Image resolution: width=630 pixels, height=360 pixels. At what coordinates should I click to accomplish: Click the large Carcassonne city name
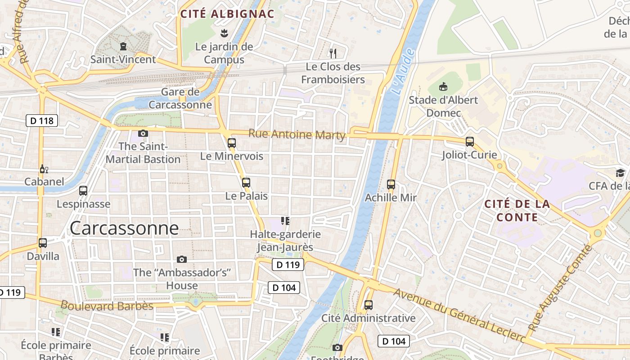[x=124, y=228]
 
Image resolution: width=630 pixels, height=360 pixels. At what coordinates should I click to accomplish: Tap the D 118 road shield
[x=42, y=121]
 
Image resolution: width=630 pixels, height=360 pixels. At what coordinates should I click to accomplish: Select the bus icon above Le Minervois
[x=232, y=143]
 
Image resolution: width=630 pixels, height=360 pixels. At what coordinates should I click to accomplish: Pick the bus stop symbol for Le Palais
[x=246, y=183]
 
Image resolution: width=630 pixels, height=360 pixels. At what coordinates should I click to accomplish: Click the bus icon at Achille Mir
[x=391, y=184]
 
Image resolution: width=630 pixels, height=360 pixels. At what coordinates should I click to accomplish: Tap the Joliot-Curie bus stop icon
[x=470, y=142]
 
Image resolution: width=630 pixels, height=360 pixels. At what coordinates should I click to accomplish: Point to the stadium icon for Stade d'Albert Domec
[x=443, y=86]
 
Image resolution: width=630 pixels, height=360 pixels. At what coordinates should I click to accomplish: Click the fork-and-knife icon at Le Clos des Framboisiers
[x=333, y=54]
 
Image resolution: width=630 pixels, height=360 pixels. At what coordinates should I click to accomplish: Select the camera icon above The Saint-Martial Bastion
[x=143, y=133]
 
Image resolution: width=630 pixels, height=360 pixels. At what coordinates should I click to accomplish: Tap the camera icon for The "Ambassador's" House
[x=182, y=259]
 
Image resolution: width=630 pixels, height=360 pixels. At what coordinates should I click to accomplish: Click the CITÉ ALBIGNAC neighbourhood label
[x=227, y=14]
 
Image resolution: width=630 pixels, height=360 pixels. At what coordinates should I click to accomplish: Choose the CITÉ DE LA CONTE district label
[x=517, y=211]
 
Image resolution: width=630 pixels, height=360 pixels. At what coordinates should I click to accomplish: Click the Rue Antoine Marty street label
[x=297, y=134]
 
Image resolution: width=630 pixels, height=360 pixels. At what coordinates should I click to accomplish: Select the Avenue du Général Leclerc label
[x=459, y=315]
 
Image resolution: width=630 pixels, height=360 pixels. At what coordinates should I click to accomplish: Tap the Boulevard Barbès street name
[x=107, y=306]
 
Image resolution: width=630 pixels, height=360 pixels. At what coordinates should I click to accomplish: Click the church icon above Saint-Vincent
[x=123, y=46]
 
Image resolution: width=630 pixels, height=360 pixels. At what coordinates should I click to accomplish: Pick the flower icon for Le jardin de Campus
[x=224, y=33]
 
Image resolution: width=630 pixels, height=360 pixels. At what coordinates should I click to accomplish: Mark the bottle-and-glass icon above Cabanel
[x=44, y=169]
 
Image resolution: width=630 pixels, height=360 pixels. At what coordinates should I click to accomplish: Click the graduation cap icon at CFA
[x=620, y=173]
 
